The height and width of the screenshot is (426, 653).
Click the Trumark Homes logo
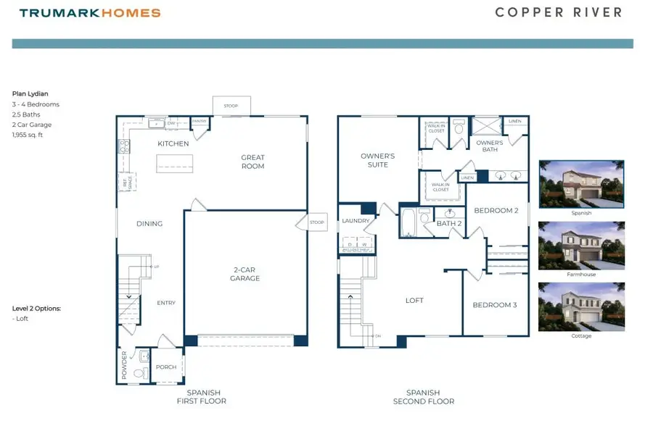pos(90,13)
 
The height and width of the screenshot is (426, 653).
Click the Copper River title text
pos(558,12)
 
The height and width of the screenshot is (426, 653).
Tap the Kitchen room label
pos(173,143)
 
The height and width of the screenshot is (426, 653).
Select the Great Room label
pos(252,162)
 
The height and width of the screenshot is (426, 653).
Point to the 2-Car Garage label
pos(245,273)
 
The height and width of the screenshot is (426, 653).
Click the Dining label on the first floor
pos(149,224)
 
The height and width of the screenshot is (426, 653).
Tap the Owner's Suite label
pos(378,160)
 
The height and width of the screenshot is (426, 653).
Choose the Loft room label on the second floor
pos(414,300)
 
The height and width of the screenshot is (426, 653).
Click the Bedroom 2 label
pos(496,211)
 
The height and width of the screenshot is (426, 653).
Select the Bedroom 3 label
pos(495,305)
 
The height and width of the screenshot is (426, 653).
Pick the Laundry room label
pos(356,221)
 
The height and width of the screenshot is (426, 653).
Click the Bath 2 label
pos(449,224)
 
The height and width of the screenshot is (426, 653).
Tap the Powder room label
pos(125,365)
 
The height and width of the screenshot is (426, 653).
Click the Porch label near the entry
pos(166,367)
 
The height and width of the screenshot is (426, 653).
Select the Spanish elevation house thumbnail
pos(580,184)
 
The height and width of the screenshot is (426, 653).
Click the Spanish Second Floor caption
pos(424,396)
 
